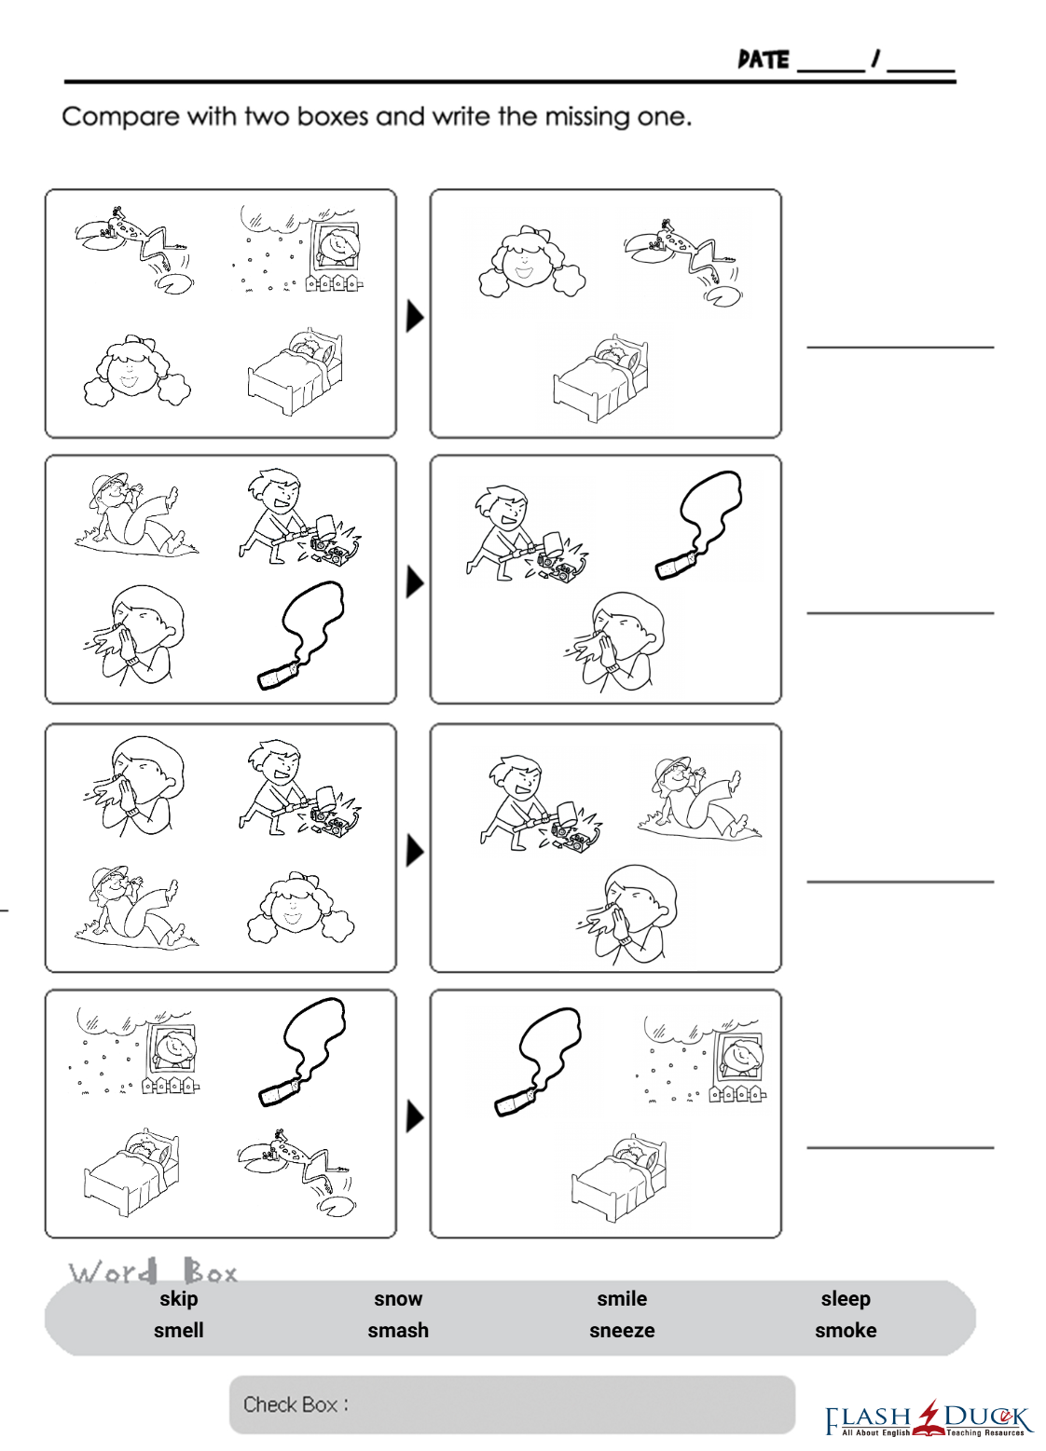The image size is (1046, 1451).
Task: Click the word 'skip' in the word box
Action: click(179, 1299)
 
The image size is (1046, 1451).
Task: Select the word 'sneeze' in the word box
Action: click(622, 1331)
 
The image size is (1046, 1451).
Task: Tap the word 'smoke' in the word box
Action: click(845, 1331)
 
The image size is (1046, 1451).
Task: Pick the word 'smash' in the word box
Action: click(398, 1331)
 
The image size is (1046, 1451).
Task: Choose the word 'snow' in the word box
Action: click(398, 1299)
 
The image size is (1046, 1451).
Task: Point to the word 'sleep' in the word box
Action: click(845, 1299)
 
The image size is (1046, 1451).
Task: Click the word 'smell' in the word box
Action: click(179, 1331)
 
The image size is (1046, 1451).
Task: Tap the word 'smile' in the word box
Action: click(622, 1299)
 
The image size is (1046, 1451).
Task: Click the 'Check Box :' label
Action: click(296, 1404)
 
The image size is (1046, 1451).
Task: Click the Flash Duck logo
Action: click(929, 1420)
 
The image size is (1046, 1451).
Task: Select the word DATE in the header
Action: click(764, 60)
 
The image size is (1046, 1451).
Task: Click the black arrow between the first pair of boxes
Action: click(414, 317)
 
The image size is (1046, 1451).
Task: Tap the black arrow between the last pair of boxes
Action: click(414, 1117)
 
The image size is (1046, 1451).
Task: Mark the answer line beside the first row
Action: click(901, 348)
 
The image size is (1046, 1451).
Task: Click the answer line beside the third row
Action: click(901, 882)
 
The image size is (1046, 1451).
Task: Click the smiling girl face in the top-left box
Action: click(137, 371)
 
